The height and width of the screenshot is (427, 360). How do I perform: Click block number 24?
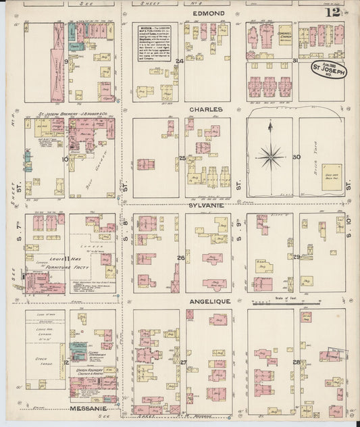[x=180, y=61]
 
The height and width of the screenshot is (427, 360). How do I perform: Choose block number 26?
[x=181, y=257]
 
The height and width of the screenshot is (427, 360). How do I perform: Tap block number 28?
[x=296, y=363]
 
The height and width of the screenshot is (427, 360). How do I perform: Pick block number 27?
[x=183, y=363]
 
